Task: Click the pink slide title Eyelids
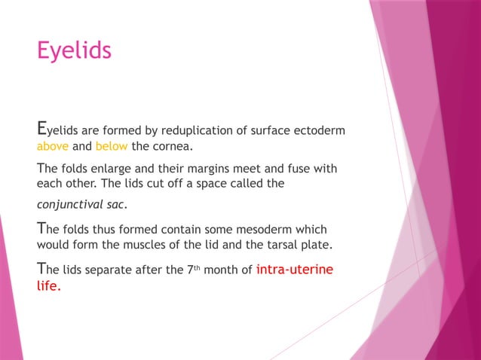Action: point(74,50)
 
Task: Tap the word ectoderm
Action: point(317,130)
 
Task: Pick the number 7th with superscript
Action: point(191,269)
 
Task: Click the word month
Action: point(223,270)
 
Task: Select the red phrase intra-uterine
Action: point(294,269)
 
